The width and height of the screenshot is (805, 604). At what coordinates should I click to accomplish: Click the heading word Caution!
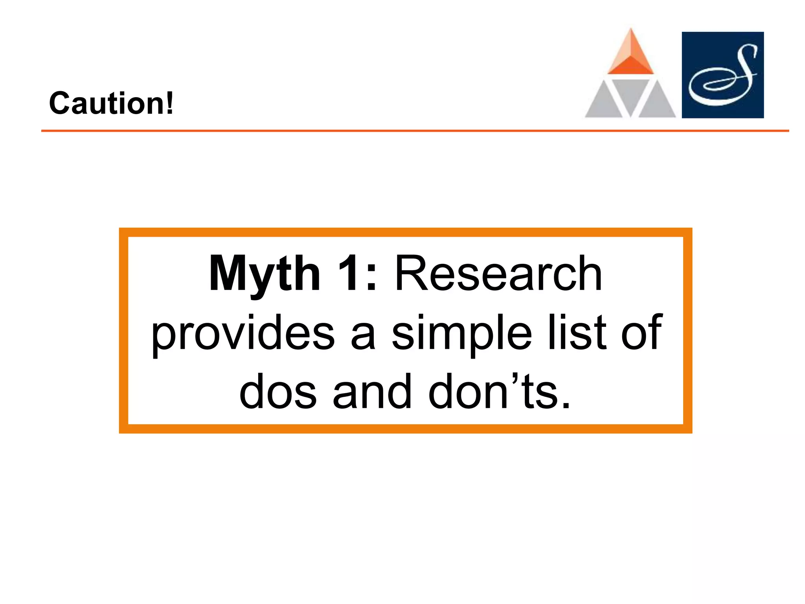tap(111, 103)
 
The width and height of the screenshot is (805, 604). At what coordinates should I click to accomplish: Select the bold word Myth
tap(264, 274)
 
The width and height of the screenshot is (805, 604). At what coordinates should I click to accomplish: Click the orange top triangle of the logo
tap(630, 55)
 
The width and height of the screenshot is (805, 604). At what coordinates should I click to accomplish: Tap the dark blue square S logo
tap(722, 75)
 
